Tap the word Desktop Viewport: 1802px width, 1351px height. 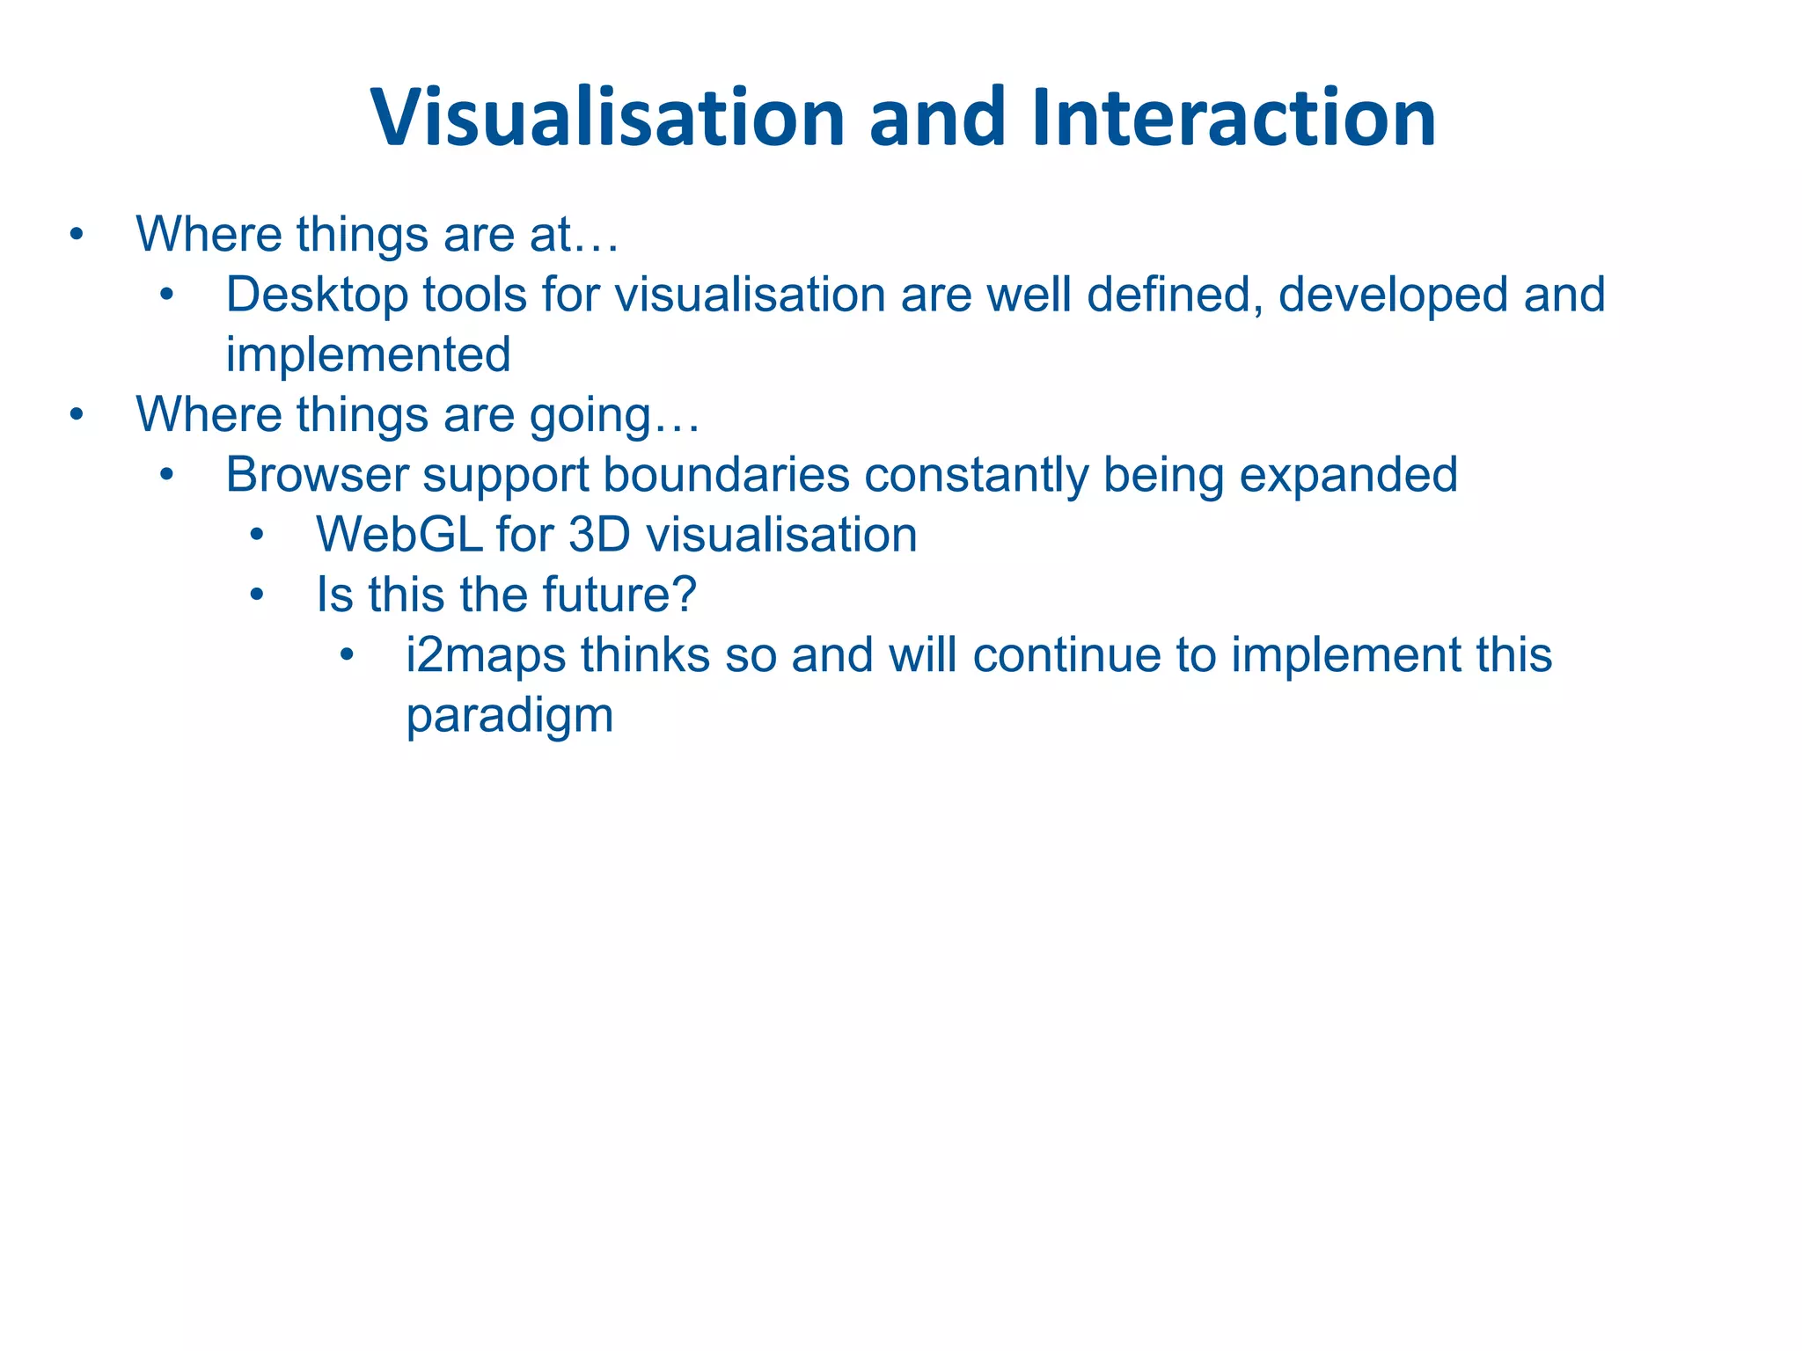pyautogui.click(x=317, y=296)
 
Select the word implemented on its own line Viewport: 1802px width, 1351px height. pyautogui.click(x=368, y=355)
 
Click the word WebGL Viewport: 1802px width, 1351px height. pyautogui.click(x=399, y=535)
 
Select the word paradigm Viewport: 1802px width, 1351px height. pyautogui.click(x=509, y=717)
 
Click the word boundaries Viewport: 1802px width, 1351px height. pyautogui.click(x=726, y=475)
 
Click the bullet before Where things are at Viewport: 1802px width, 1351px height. pyautogui.click(x=77, y=235)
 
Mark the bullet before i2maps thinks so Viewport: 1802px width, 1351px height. pyautogui.click(x=348, y=654)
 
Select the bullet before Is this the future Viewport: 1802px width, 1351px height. pyautogui.click(x=257, y=595)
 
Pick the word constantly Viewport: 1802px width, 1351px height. pyautogui.click(x=976, y=475)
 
